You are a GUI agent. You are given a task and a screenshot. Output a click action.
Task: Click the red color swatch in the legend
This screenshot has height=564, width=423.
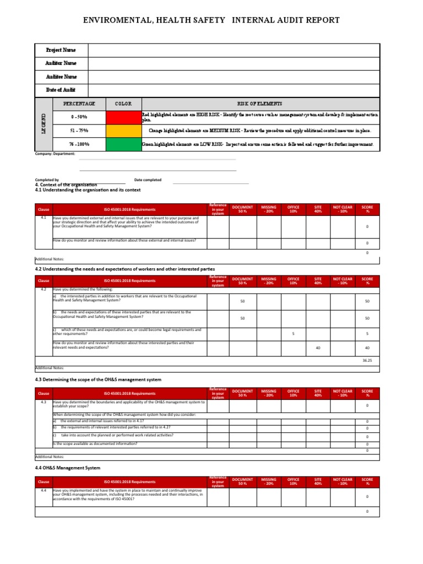[123, 117]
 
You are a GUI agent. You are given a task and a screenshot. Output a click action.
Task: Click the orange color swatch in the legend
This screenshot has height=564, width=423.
[123, 131]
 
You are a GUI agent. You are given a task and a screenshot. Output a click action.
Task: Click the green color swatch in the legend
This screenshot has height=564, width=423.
[123, 144]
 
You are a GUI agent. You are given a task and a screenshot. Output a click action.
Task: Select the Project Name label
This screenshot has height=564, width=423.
[61, 50]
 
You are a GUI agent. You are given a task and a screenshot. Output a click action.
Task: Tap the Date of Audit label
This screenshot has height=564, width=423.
[61, 90]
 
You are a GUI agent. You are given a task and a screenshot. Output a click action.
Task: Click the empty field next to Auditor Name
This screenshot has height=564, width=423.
[234, 63]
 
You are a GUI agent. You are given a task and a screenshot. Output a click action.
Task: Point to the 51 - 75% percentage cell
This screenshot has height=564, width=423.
[79, 131]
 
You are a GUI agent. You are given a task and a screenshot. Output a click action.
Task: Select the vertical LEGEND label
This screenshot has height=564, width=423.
[43, 124]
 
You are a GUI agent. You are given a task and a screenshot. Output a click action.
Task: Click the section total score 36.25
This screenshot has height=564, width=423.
[367, 360]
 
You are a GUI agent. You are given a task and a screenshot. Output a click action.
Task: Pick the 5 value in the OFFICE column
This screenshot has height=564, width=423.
[294, 333]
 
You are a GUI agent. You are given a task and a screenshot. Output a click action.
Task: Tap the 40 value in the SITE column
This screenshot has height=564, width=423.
[318, 348]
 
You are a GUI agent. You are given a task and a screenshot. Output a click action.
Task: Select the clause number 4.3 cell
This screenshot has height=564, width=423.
[43, 402]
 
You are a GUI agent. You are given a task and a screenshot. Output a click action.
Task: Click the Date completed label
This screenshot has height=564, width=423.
[148, 180]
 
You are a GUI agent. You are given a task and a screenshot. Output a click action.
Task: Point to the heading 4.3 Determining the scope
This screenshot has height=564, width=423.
[98, 379]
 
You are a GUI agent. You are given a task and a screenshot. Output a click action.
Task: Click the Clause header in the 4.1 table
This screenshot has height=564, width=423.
[43, 209]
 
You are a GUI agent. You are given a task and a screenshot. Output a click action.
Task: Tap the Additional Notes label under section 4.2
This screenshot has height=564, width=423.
[50, 367]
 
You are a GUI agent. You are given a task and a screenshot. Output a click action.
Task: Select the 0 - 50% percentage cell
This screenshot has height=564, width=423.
[79, 117]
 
